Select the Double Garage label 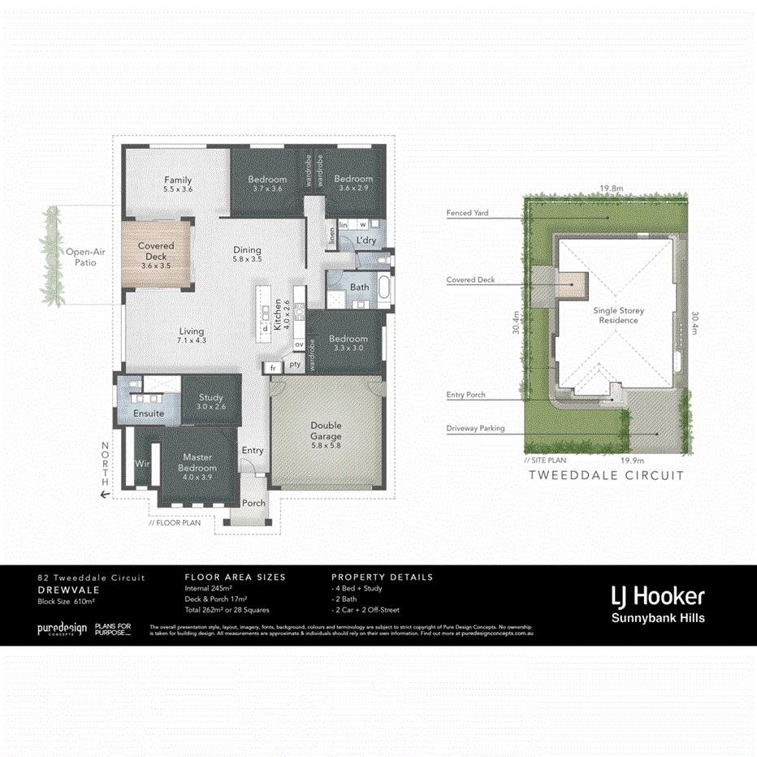click(x=326, y=430)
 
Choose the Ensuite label click(x=149, y=413)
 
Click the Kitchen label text click(x=277, y=313)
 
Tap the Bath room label click(x=359, y=288)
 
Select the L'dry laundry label click(x=366, y=240)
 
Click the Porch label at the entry click(x=253, y=503)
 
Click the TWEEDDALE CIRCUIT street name click(x=606, y=476)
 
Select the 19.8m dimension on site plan click(x=612, y=188)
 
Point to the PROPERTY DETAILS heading click(x=382, y=577)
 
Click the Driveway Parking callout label click(x=475, y=428)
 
